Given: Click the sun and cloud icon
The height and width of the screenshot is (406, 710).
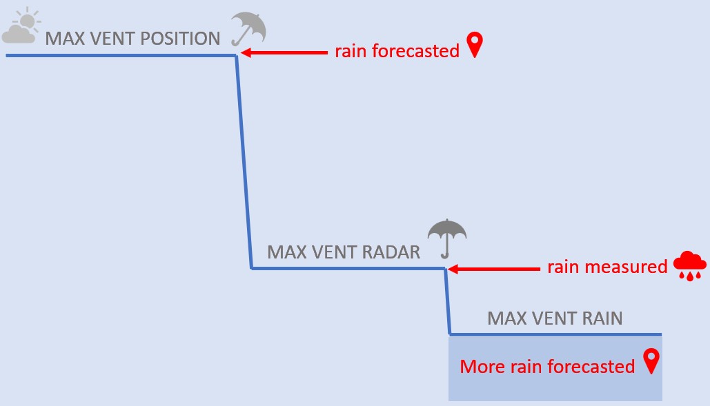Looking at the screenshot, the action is (21, 26).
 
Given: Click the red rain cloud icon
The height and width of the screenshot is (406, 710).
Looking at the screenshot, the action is (689, 265).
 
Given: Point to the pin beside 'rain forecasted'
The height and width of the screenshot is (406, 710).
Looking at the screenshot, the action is (475, 44).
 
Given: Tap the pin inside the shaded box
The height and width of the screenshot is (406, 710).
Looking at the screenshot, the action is (651, 361).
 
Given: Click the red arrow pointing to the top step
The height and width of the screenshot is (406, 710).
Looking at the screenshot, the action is (284, 53).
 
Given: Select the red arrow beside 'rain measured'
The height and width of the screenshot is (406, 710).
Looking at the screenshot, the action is (493, 269).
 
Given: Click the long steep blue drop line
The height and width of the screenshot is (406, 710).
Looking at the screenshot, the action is (244, 162).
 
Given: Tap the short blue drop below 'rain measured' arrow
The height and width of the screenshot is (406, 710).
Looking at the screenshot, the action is (447, 301).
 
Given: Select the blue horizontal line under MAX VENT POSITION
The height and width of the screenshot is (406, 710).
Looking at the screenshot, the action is (121, 56).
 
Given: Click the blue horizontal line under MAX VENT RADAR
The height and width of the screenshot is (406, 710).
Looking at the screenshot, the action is (348, 269).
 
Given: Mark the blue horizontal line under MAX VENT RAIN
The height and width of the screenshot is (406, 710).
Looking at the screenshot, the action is (555, 334).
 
